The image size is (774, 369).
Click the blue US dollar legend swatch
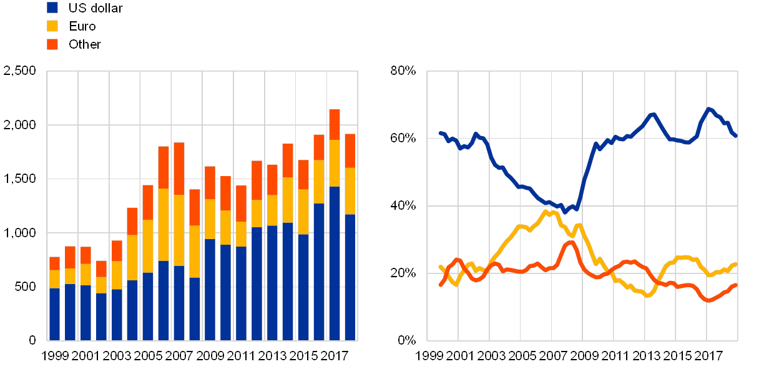click(x=52, y=7)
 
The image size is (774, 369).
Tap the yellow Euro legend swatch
click(x=52, y=26)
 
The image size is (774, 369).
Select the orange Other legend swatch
click(x=52, y=44)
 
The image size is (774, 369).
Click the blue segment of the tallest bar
click(x=335, y=263)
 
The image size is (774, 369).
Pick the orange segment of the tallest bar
click(x=335, y=124)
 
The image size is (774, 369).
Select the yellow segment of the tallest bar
click(x=335, y=163)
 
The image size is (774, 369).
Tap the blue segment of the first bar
click(x=54, y=314)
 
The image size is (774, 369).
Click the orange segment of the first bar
click(x=54, y=263)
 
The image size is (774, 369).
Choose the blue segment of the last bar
click(x=350, y=277)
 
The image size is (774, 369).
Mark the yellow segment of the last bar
click(x=350, y=191)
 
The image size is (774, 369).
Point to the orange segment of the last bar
click(x=350, y=150)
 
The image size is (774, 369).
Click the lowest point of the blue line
click(x=565, y=212)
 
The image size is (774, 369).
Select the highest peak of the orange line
click(x=570, y=242)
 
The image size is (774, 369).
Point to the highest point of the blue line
click(x=708, y=109)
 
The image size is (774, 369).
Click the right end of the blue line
click(x=737, y=135)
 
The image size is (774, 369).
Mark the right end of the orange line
click(x=737, y=285)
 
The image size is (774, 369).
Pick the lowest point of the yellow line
click(x=647, y=295)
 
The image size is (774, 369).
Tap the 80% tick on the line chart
click(x=403, y=71)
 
